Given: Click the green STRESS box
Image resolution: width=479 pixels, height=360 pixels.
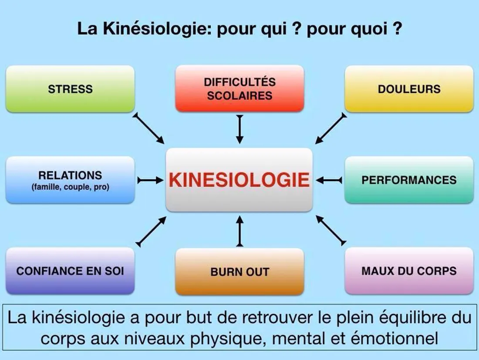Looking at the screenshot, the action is coord(70,89).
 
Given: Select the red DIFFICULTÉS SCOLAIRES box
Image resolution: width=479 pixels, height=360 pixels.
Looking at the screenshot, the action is coord(240,89).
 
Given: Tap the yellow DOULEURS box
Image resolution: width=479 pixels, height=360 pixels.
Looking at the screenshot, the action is coord(409,89).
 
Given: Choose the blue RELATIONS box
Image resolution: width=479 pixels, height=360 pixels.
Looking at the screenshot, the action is coord(70,180).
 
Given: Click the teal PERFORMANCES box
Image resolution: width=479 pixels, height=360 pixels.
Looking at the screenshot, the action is coord(409,180).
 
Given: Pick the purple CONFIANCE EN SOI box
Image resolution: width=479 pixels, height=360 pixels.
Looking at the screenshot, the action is coord(70,271).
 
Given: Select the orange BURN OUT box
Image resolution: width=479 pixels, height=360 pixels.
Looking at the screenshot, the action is coord(240,271).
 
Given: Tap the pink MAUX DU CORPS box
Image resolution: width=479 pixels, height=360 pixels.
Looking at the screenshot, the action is coord(409,271).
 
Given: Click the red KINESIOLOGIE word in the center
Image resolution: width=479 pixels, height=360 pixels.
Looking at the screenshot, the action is coord(239,180).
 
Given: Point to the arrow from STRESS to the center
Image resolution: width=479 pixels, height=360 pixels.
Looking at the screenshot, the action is coord(148,128).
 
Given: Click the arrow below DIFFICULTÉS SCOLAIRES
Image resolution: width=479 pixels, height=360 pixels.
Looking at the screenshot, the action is coord(240,129).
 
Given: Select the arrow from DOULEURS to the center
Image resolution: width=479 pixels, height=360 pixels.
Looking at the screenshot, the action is coord(331,128).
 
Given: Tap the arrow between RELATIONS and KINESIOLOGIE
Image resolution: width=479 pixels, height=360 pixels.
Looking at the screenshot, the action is coord(150,180).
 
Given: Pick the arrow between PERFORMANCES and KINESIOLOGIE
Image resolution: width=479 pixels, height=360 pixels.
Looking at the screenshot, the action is coord(329,180).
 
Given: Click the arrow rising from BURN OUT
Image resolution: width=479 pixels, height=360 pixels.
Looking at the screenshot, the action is coord(240,231).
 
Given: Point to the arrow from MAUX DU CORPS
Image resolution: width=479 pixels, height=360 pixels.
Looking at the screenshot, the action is coord(331,230).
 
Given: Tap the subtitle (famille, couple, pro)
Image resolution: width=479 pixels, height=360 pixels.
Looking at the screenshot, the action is coord(70,187).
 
